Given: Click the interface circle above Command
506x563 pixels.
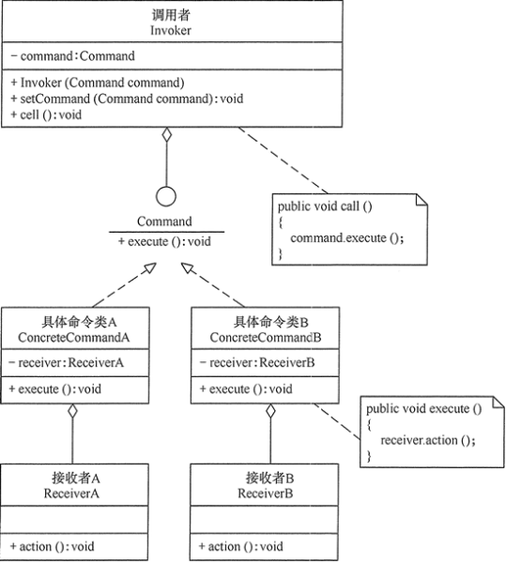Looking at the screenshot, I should pos(166,196).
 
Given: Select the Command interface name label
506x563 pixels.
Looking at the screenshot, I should pos(165,221).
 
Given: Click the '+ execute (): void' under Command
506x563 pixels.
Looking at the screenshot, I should pos(165,241).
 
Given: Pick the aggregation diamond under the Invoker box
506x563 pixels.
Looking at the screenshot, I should pos(166,137).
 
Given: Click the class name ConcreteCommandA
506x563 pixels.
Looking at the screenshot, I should pos(73,336).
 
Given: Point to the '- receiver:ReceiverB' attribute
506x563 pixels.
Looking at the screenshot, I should pos(247,364).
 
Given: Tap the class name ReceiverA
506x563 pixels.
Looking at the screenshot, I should pos(73,492).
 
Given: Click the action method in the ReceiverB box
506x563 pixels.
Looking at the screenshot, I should pos(240,546).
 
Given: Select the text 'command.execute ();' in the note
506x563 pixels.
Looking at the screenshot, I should pos(346,237).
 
